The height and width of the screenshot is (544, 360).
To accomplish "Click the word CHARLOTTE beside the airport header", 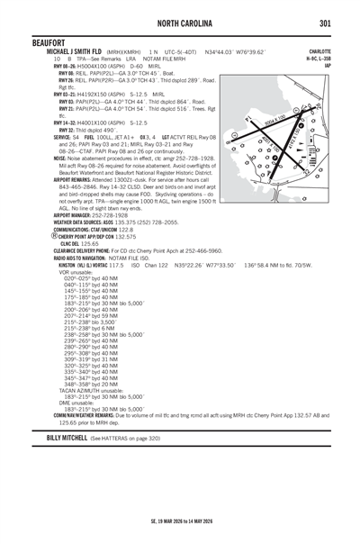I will click(x=317, y=52).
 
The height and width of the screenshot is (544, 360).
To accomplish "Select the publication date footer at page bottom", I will click(x=180, y=532).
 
